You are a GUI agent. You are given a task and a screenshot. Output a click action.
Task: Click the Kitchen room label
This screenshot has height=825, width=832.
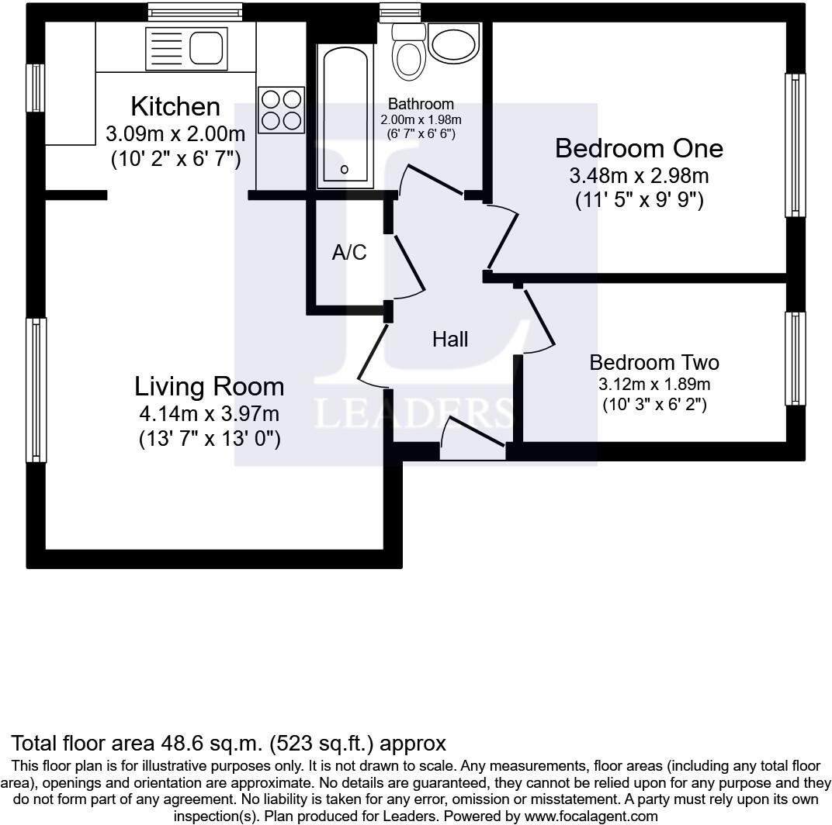tap(175, 106)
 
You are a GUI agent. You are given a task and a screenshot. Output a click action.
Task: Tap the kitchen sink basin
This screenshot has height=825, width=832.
tap(206, 47)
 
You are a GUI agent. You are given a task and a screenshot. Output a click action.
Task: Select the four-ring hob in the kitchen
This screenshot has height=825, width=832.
tap(281, 110)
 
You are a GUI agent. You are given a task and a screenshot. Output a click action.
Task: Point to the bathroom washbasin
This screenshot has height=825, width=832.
tap(454, 44)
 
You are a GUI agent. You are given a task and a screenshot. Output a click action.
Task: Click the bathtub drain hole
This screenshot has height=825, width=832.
tap(345, 170)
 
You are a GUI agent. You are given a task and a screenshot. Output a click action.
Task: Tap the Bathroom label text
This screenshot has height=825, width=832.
tap(421, 103)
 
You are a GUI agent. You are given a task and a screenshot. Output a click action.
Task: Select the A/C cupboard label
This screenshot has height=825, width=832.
tap(349, 252)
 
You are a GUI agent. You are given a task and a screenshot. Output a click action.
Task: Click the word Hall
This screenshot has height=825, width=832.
tap(450, 340)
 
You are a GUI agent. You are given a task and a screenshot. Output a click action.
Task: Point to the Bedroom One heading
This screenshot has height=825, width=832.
tap(639, 148)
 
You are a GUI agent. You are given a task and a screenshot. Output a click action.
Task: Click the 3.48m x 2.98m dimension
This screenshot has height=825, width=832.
tap(639, 175)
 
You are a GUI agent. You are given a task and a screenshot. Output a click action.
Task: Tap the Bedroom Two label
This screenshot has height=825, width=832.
tap(654, 362)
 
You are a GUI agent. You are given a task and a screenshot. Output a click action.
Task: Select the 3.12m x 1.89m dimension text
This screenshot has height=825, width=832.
tap(654, 384)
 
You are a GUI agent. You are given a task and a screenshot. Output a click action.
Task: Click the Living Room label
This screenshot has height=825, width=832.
tap(209, 386)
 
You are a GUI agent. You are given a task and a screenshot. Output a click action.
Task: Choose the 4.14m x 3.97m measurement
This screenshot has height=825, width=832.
tap(209, 413)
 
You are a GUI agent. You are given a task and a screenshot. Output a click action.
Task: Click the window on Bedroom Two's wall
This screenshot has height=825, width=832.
tap(795, 358)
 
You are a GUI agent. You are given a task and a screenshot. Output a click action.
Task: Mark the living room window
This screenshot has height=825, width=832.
tap(36, 390)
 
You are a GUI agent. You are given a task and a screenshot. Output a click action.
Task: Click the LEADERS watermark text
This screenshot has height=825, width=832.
tap(414, 413)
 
